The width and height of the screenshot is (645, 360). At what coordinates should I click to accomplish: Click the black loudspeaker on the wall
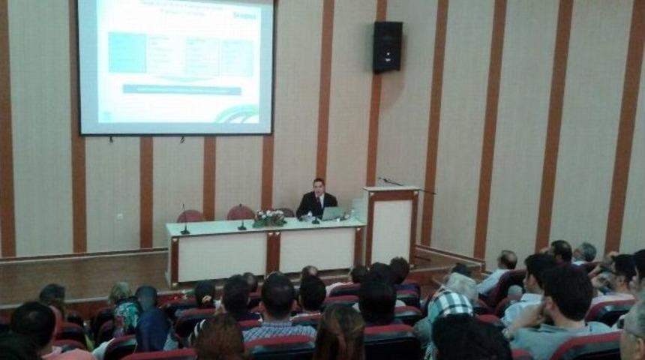pyautogui.click(x=387, y=46)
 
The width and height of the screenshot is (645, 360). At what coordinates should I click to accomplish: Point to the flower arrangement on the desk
pyautogui.click(x=268, y=218)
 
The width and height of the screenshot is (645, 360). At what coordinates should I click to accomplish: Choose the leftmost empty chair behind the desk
pyautogui.click(x=190, y=216)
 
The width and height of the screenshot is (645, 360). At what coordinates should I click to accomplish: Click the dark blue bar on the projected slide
pyautogui.click(x=182, y=89)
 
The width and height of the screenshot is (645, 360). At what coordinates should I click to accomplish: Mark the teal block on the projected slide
pyautogui.click(x=127, y=53)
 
